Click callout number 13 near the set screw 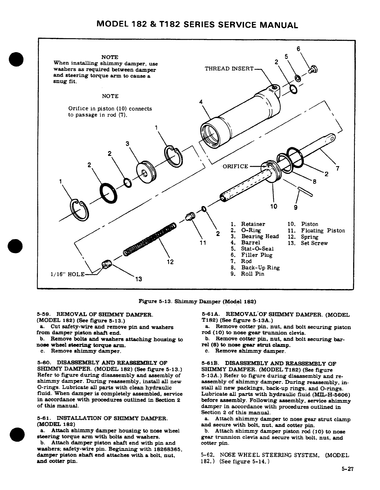(138, 279)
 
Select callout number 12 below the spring (170, 262)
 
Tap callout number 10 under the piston (273, 206)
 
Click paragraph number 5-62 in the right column (208, 456)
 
